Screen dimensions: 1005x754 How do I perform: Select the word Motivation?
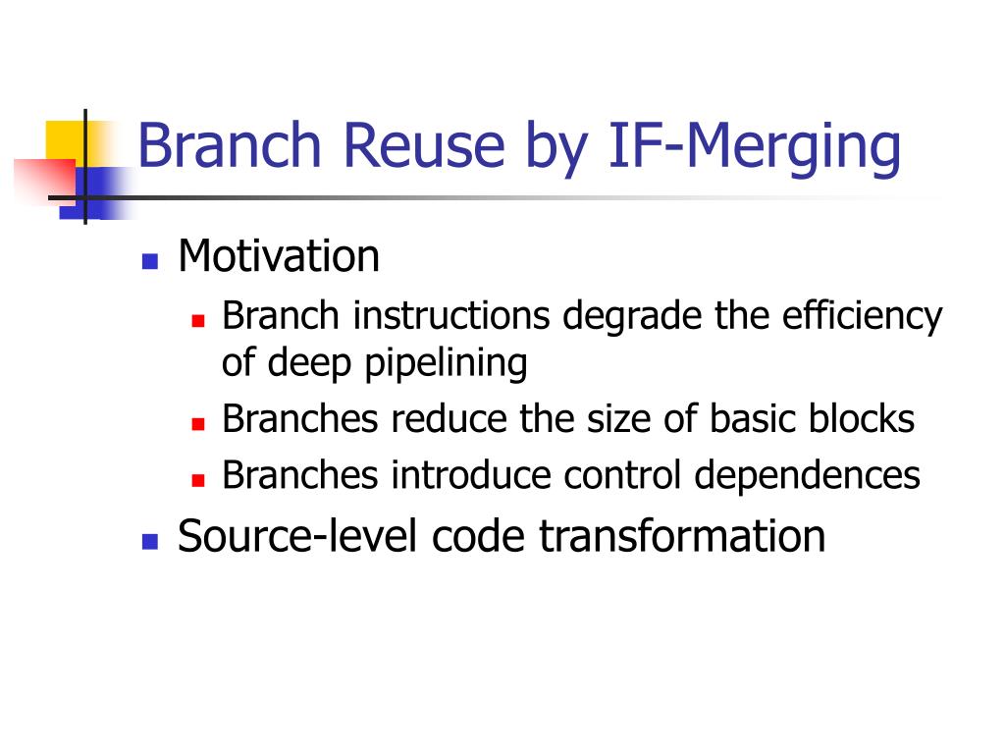pyautogui.click(x=279, y=256)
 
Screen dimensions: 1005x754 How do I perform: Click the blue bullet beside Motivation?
pyautogui.click(x=150, y=261)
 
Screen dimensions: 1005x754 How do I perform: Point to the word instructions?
pyautogui.click(x=450, y=316)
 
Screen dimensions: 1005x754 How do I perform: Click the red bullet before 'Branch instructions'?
pyautogui.click(x=197, y=321)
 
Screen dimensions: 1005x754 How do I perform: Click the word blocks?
pyautogui.click(x=863, y=419)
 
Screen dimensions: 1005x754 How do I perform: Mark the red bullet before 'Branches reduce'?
pyautogui.click(x=197, y=424)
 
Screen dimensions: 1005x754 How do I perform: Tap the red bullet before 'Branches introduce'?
pyautogui.click(x=197, y=480)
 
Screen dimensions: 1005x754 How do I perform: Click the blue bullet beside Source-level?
pyautogui.click(x=150, y=541)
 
